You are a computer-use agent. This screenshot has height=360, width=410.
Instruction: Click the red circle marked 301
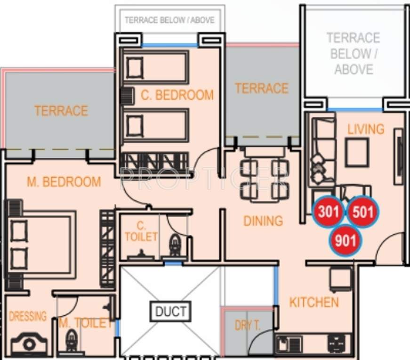328,212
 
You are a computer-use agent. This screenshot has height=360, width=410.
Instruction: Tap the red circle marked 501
362,212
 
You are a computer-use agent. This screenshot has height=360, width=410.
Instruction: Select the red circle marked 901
346,241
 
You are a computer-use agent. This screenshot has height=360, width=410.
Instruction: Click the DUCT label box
171,311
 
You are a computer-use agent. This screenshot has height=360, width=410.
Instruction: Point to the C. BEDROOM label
177,95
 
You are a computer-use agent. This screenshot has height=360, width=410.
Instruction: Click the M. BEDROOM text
64,182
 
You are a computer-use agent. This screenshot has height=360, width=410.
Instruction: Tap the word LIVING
366,129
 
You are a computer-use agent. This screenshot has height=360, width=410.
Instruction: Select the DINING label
263,221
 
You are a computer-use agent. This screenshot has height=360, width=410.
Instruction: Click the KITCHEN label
314,302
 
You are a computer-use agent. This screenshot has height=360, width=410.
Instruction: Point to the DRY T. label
248,325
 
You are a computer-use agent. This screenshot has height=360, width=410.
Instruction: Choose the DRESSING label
28,316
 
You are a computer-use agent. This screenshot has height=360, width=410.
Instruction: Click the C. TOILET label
141,231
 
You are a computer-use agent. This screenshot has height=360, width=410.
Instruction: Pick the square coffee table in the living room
356,153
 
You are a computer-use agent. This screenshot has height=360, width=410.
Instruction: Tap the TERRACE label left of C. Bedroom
61,111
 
